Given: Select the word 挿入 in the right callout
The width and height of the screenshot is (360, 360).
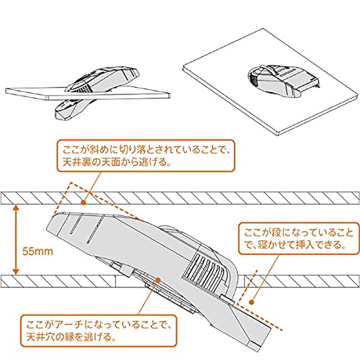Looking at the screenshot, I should pos(320,245).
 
